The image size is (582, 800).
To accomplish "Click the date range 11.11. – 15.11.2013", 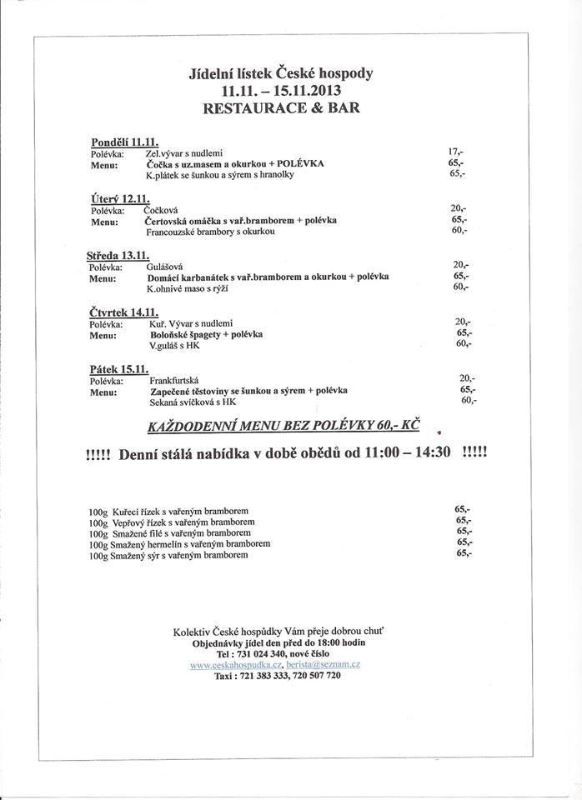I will point(281,90).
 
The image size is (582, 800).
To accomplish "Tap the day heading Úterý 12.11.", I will point(118,198).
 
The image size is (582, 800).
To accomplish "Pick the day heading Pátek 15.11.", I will point(118,368).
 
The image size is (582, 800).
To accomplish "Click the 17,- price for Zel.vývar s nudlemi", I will point(455,152).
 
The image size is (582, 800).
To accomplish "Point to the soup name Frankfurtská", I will point(173,379).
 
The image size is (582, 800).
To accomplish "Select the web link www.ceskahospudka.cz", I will point(236,664).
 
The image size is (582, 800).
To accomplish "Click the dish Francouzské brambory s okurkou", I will point(210,232).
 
